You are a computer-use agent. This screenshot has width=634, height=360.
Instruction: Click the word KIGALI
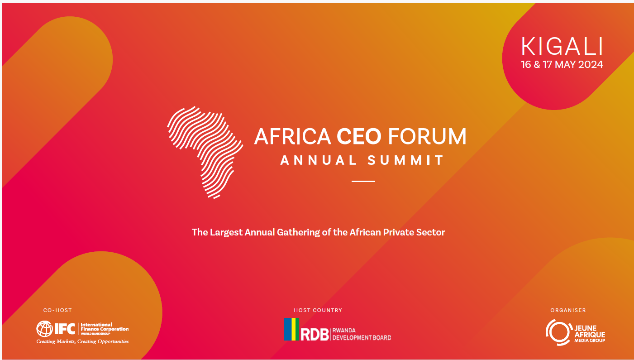562,46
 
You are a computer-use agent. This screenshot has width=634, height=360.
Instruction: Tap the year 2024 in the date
591,65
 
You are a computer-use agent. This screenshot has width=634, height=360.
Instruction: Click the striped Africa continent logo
205,153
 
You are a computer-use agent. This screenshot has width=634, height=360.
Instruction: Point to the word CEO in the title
359,136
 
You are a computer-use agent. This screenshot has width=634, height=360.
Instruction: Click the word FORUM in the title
427,136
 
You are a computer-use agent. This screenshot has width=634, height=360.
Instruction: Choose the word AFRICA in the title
293,136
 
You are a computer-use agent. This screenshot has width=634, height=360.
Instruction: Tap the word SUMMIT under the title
405,160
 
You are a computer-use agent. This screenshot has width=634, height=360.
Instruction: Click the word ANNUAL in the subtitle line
319,160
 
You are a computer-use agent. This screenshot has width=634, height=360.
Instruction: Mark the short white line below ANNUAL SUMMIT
363,181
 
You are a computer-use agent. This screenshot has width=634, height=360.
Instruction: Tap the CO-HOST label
57,311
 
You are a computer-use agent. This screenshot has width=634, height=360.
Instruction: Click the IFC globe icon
44,329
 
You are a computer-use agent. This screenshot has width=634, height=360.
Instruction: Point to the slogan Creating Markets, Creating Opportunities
82,341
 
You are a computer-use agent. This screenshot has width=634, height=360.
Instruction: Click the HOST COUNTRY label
318,311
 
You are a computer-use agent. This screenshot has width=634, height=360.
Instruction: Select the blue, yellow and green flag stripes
291,329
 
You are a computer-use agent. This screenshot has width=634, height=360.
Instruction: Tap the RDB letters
315,335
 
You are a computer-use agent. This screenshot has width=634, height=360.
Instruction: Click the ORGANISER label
568,311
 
